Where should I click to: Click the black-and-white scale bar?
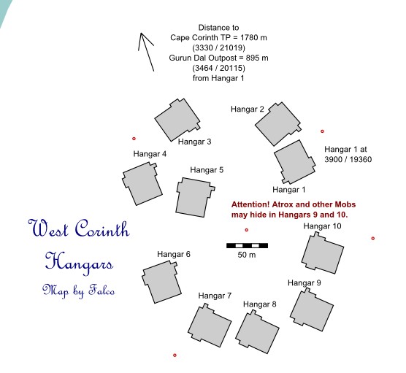click(247, 245)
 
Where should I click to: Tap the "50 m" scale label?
click(247, 255)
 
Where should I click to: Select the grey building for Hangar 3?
click(177, 120)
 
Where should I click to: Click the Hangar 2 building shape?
click(277, 124)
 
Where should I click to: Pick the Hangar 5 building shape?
click(195, 197)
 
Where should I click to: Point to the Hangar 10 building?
click(322, 253)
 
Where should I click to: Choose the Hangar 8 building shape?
click(257, 331)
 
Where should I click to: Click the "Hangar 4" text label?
click(150, 154)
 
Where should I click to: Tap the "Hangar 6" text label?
click(174, 254)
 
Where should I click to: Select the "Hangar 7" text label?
click(215, 296)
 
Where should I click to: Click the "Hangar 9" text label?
click(304, 282)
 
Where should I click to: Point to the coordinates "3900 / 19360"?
click(348, 159)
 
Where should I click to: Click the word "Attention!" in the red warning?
click(250, 204)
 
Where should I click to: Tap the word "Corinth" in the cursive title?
click(102, 228)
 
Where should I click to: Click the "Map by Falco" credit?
click(78, 291)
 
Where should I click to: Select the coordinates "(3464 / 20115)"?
click(218, 68)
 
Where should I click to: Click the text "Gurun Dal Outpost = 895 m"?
click(218, 58)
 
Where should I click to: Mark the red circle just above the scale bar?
click(247, 230)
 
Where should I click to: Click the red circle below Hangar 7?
click(175, 355)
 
